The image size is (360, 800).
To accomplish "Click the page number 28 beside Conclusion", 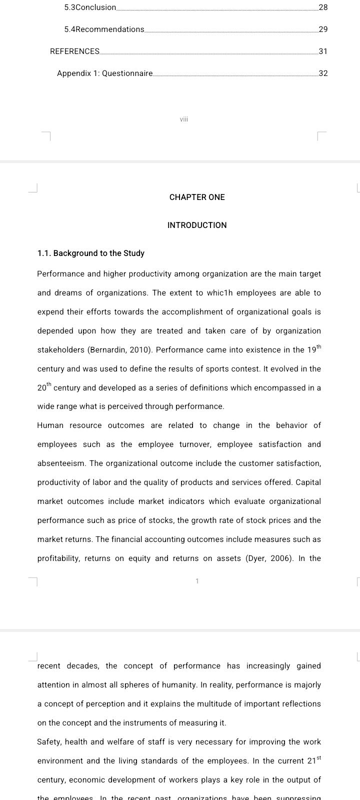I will (x=323, y=7).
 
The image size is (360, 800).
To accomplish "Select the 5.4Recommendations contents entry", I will (x=104, y=29).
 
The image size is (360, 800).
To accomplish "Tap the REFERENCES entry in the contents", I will (x=75, y=51).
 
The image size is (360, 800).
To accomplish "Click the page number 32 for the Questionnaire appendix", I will (x=323, y=73).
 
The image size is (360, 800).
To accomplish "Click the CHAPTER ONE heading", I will (x=197, y=197).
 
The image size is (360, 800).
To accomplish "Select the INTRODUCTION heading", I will (x=197, y=225).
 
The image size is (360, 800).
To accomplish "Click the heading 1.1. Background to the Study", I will (x=91, y=253).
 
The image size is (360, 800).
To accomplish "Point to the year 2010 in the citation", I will (x=138, y=350).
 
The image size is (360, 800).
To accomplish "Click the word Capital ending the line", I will (x=308, y=482).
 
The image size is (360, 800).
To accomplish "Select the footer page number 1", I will (x=197, y=581).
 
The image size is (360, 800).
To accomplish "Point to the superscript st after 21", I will (x=319, y=758).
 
